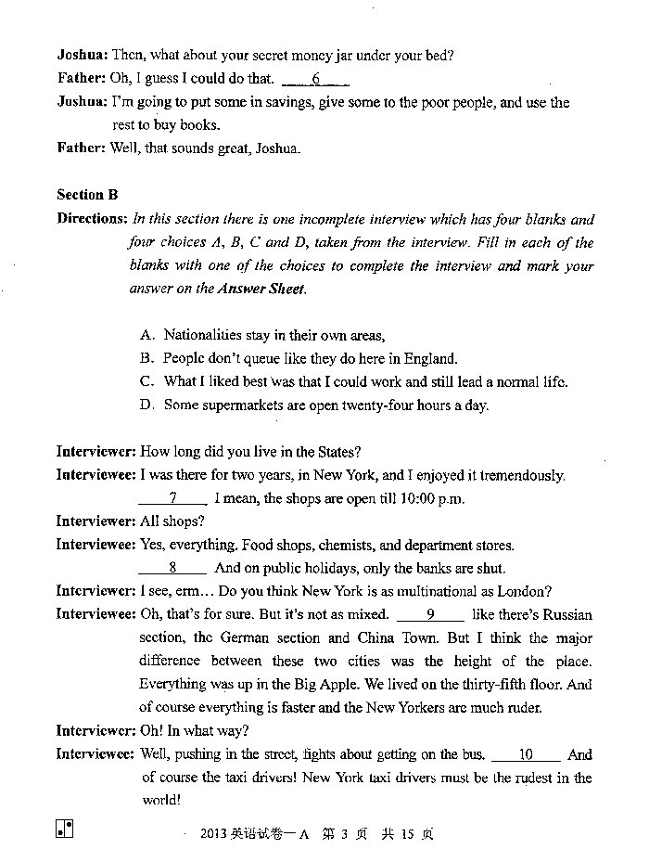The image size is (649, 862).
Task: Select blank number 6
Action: click(315, 79)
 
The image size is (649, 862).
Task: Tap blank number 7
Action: click(172, 498)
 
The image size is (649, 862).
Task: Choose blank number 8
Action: click(172, 568)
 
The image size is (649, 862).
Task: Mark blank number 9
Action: click(430, 614)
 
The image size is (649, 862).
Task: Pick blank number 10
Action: click(526, 754)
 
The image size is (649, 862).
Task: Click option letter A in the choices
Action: click(146, 335)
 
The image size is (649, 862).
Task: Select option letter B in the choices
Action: click(146, 358)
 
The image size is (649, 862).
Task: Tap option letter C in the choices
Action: click(146, 381)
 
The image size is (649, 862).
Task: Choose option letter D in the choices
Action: click(146, 405)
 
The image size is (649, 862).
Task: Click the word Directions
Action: click(91, 220)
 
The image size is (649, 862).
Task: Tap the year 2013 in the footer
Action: click(214, 833)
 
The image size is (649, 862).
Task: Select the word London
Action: click(525, 591)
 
